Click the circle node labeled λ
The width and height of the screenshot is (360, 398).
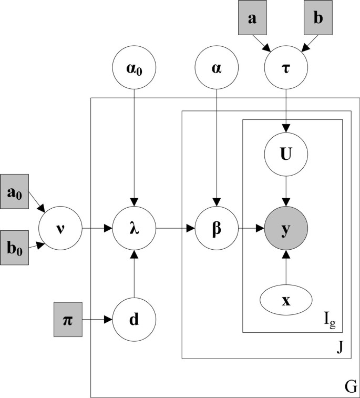(x=135, y=229)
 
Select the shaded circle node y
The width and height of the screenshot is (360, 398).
(x=285, y=229)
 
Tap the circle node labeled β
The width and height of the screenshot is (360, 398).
(x=216, y=229)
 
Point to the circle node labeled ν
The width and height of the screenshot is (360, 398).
(x=59, y=229)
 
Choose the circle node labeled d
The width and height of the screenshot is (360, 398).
(x=135, y=319)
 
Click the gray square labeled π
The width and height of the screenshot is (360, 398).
(x=68, y=319)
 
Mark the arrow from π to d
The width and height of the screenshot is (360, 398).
(x=99, y=319)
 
